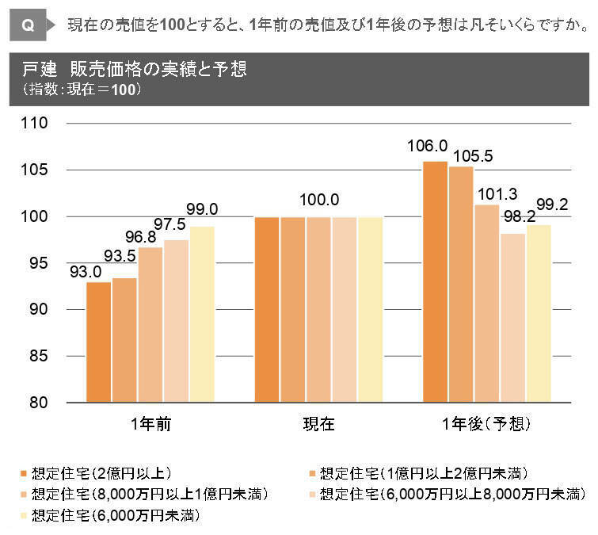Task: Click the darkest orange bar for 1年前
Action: tap(98, 342)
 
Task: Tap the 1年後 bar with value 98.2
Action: tap(513, 318)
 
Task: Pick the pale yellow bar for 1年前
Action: tap(201, 315)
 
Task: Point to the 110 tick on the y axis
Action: tap(36, 124)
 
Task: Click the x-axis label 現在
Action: tap(318, 425)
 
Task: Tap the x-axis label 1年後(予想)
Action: tap(486, 425)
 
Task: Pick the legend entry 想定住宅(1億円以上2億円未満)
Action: tap(419, 474)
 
